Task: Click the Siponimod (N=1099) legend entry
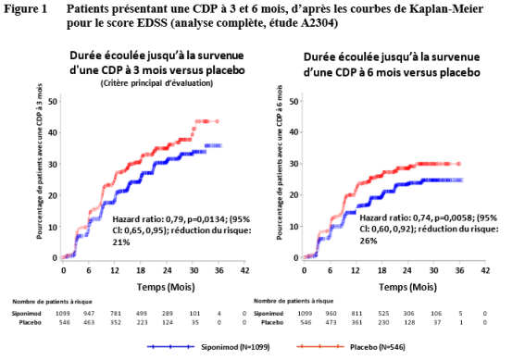[208, 347]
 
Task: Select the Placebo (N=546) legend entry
[351, 347]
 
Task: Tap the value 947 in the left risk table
[89, 314]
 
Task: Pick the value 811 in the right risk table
[356, 314]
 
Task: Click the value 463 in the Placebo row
[89, 323]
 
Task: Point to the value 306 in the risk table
[409, 314]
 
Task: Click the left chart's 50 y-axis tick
[53, 101]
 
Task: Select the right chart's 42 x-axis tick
[485, 270]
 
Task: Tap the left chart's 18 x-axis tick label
[141, 270]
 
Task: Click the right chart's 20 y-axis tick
[294, 194]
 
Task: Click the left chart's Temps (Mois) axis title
[166, 287]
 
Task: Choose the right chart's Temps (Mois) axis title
[407, 287]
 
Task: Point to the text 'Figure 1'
[26, 9]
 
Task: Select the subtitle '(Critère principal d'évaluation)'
[156, 83]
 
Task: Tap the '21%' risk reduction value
[121, 242]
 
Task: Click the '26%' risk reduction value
[369, 241]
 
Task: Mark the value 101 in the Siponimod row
[194, 314]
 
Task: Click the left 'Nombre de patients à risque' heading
[52, 302]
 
